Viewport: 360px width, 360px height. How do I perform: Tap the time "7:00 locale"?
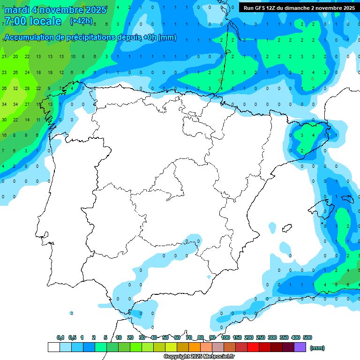[x=32, y=21]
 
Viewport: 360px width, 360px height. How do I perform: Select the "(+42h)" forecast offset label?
[x=81, y=21]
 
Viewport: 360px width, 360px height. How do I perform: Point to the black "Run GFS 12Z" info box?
[x=299, y=7]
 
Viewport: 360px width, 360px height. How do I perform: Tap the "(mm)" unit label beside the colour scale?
[x=318, y=348]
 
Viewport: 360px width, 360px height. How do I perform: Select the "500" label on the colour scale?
[x=307, y=337]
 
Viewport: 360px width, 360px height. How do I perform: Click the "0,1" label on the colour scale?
[x=60, y=337]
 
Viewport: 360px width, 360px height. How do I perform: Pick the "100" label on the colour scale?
[x=225, y=337]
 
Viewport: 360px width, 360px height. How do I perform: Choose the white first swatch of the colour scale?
[x=54, y=347]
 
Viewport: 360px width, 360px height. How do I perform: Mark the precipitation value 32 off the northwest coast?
[x=15, y=88]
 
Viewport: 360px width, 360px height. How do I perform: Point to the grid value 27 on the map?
[x=27, y=104]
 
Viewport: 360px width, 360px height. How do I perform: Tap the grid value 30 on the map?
[x=4, y=120]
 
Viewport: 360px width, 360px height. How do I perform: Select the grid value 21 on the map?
[x=4, y=57]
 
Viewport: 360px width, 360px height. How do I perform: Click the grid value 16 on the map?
[x=4, y=135]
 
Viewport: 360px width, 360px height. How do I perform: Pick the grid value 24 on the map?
[x=27, y=73]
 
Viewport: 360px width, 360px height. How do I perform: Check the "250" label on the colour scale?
[x=261, y=337]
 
